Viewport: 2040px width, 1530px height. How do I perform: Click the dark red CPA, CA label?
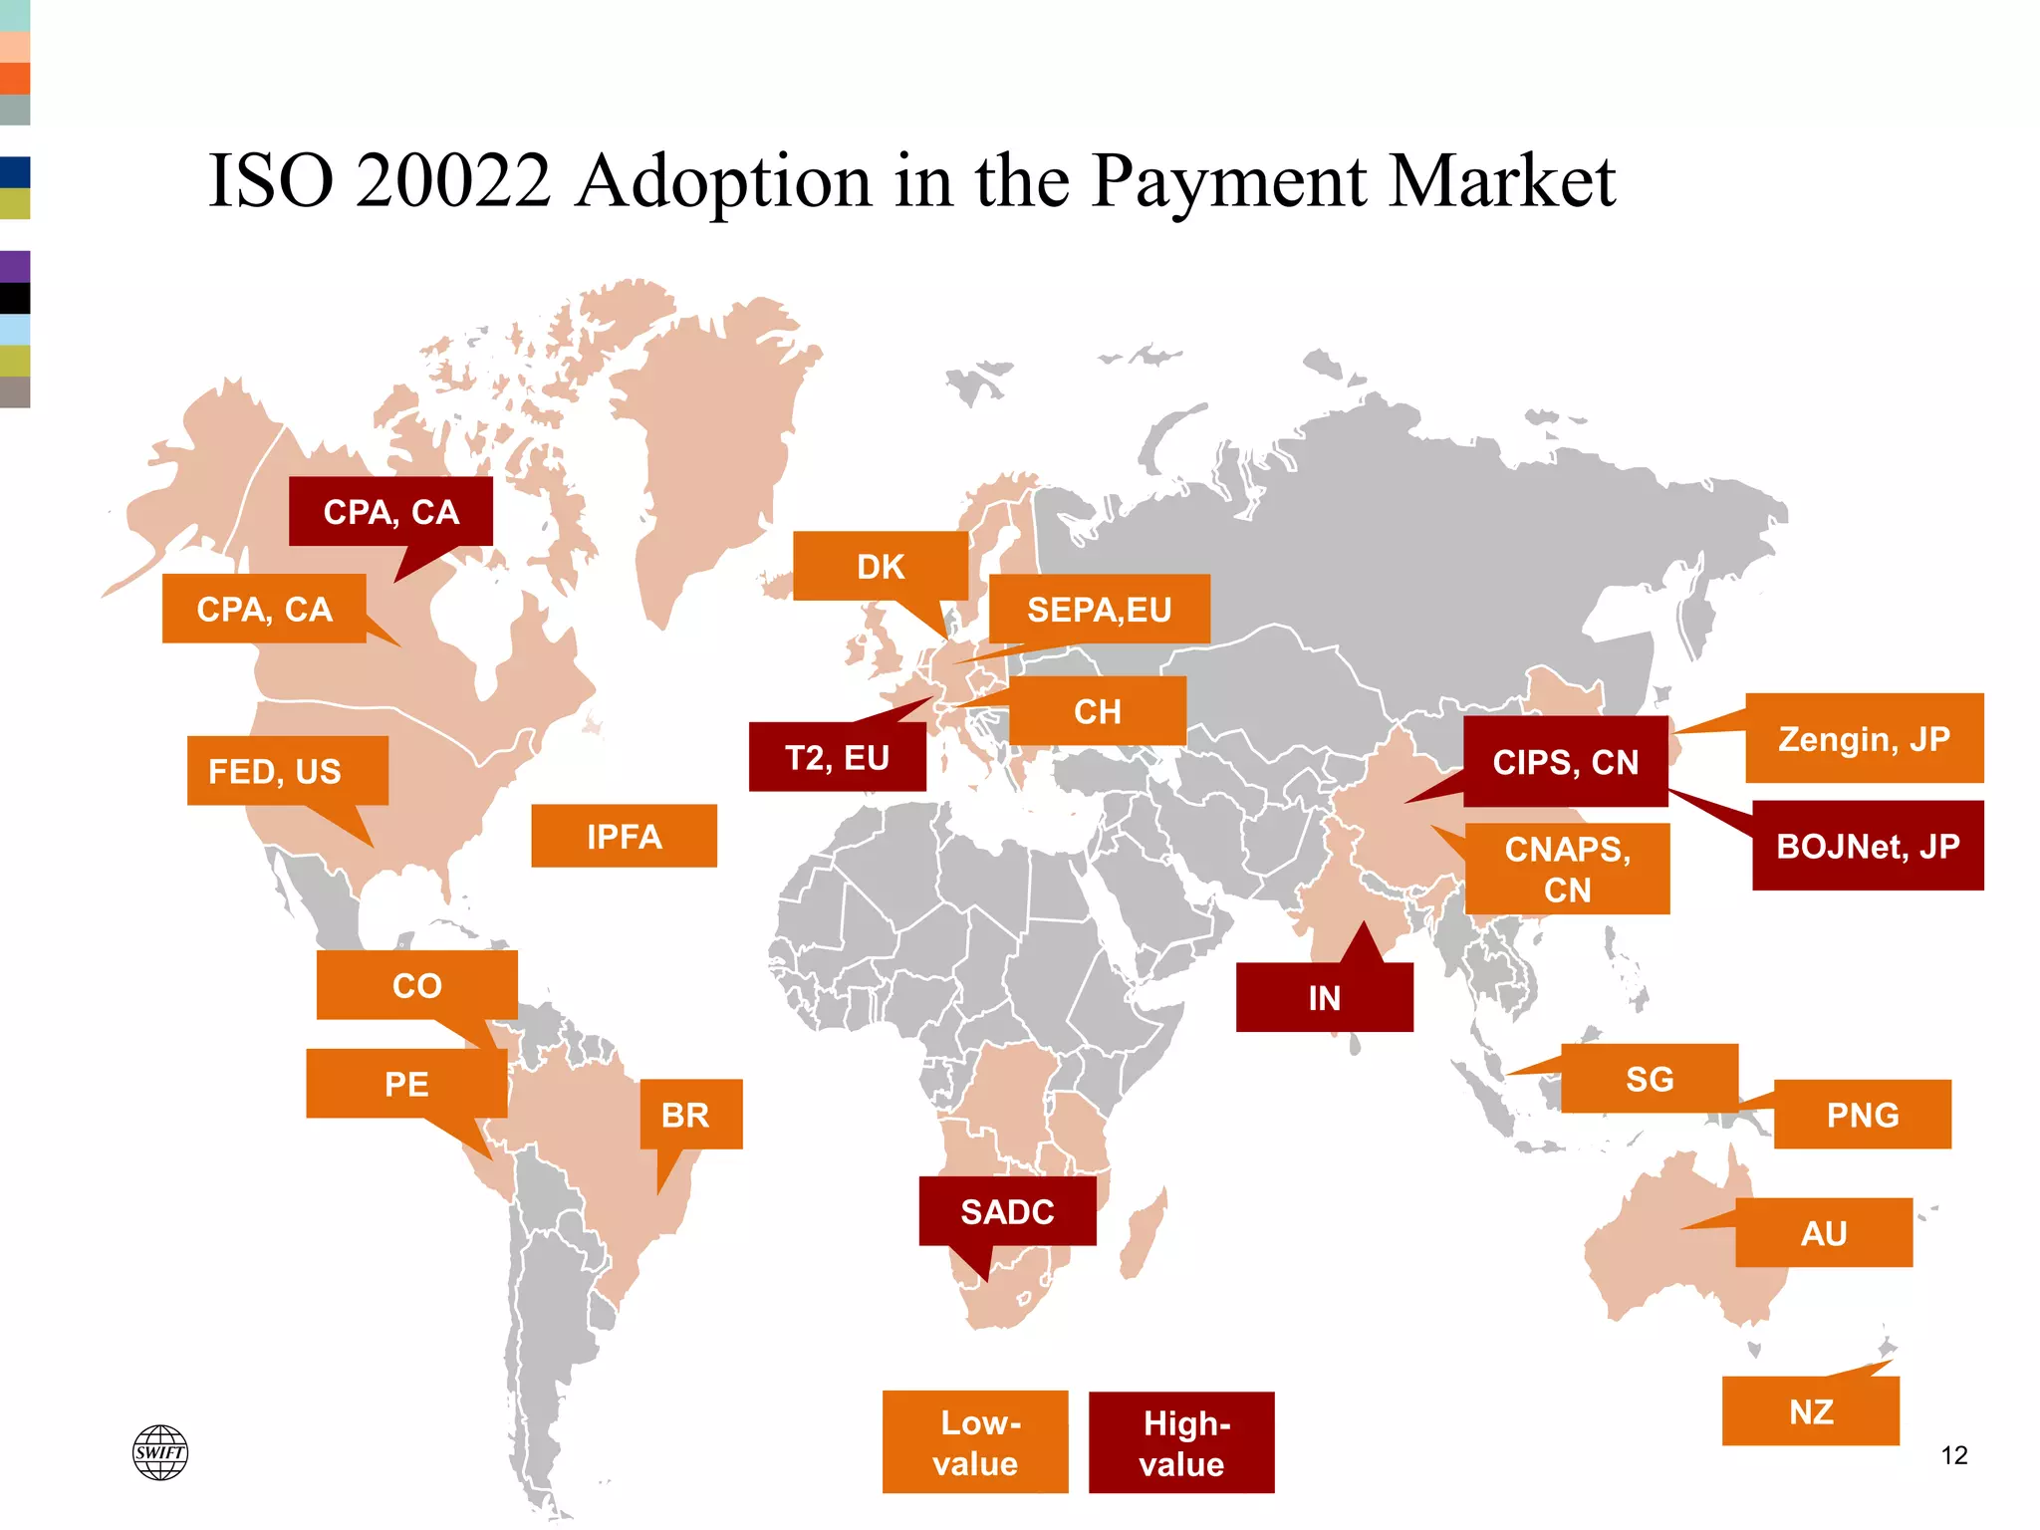click(390, 512)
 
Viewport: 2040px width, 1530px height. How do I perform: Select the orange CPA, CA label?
click(264, 609)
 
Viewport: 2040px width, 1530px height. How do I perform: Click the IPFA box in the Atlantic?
click(624, 836)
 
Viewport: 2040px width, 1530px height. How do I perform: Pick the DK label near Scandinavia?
click(881, 566)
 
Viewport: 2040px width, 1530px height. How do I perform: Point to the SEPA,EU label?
click(1100, 609)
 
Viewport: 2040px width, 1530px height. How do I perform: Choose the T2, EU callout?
click(837, 758)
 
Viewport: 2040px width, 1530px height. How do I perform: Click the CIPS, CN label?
click(1565, 762)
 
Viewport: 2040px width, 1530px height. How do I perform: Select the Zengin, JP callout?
click(1864, 738)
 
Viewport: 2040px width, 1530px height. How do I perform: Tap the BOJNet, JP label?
click(1868, 846)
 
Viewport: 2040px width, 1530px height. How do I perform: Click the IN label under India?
click(1324, 997)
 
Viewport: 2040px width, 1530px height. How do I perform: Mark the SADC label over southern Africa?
click(1007, 1211)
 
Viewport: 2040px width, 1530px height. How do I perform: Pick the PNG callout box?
click(1862, 1115)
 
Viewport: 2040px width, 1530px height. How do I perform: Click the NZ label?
click(1810, 1411)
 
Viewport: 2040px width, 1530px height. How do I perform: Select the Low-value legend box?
click(975, 1442)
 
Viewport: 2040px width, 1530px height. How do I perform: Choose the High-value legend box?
click(1181, 1442)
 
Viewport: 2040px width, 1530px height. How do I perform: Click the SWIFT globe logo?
click(160, 1452)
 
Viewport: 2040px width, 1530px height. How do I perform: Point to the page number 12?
click(1954, 1455)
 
